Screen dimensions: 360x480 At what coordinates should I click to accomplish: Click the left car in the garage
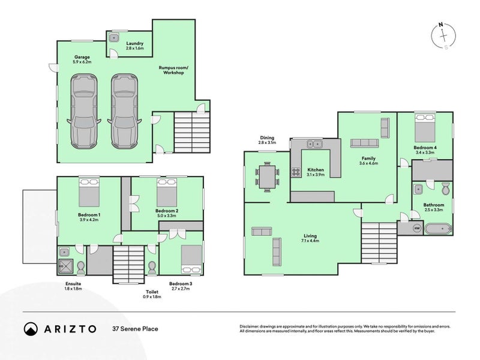pyautogui.click(x=83, y=112)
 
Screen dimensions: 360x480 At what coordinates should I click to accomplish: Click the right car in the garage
pyautogui.click(x=124, y=112)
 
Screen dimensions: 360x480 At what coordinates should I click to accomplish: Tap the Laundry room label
pyautogui.click(x=134, y=44)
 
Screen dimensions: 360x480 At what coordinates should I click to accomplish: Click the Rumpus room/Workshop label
pyautogui.click(x=173, y=70)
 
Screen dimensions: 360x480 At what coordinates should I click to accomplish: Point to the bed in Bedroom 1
pyautogui.click(x=89, y=192)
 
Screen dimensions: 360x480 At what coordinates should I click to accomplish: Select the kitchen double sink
pyautogui.click(x=315, y=144)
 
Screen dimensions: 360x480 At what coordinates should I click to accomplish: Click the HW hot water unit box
pyautogui.click(x=418, y=229)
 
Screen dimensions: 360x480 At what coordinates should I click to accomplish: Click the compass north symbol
pyautogui.click(x=443, y=34)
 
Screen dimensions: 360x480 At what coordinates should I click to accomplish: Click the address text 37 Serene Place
pyautogui.click(x=135, y=329)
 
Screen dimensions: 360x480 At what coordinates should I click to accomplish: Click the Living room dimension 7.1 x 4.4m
pyautogui.click(x=310, y=241)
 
